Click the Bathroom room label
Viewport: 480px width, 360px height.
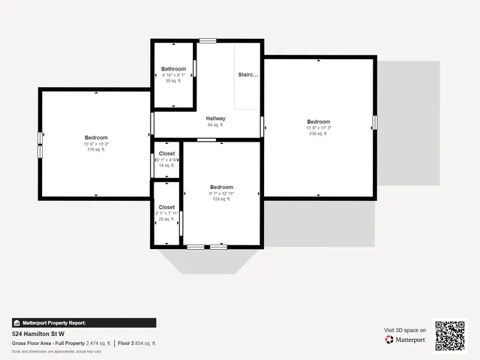click(x=173, y=69)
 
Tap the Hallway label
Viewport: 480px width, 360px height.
click(x=216, y=118)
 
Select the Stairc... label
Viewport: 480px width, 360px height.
click(x=248, y=75)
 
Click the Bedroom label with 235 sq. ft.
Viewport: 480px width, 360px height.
click(x=318, y=121)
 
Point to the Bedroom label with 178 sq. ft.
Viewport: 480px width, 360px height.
click(x=96, y=137)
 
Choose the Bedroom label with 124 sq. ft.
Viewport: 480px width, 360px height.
click(x=221, y=187)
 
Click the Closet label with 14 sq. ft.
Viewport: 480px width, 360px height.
click(x=166, y=154)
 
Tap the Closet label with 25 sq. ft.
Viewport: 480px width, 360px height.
click(x=166, y=207)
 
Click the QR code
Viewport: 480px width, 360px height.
click(x=450, y=335)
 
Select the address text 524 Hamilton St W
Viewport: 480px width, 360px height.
click(x=38, y=334)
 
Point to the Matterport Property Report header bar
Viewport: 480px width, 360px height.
click(x=84, y=322)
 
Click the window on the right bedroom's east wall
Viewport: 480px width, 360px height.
click(x=375, y=121)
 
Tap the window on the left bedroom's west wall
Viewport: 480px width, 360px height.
click(x=40, y=145)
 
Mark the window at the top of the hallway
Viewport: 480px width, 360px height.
click(x=208, y=40)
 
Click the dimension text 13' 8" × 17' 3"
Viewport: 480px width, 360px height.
click(x=318, y=128)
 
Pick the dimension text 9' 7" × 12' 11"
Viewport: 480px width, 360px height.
click(x=221, y=193)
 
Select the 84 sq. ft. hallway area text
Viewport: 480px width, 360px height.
click(x=216, y=125)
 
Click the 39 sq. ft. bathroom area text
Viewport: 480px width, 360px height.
click(x=173, y=81)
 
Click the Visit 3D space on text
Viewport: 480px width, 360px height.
click(x=405, y=330)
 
